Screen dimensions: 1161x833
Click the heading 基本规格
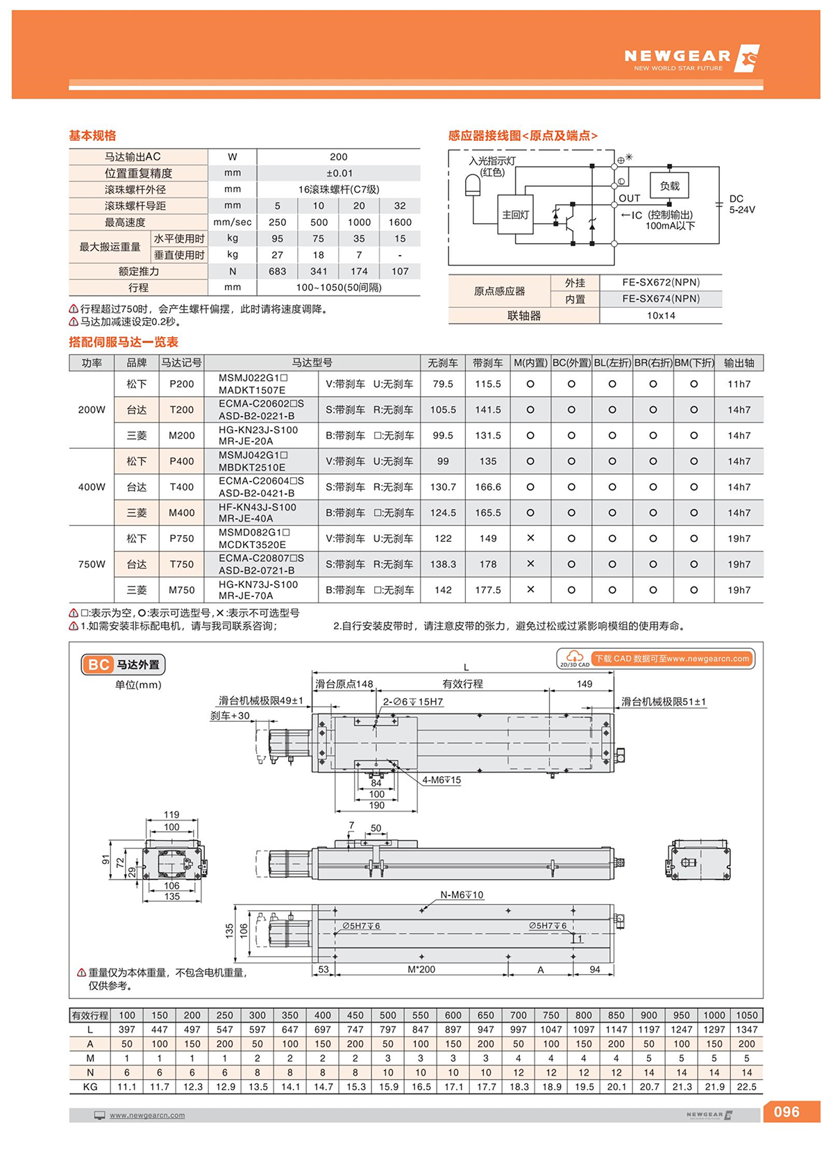92,135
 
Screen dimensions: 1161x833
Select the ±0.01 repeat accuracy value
339,173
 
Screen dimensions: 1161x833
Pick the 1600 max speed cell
400,222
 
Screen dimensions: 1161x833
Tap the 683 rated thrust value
277,272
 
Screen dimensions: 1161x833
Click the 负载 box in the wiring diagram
669,186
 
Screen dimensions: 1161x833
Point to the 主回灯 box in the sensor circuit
515,215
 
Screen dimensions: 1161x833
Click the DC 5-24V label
741,204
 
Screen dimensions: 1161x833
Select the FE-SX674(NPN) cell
661,299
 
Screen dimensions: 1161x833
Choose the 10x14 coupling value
661,315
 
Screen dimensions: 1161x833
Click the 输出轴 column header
739,363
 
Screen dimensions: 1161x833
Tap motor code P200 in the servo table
182,384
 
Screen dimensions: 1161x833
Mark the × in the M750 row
530,590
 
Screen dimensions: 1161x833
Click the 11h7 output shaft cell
739,384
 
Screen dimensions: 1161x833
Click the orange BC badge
98,665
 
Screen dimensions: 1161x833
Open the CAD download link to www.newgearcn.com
671,659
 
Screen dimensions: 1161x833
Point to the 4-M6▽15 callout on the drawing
441,780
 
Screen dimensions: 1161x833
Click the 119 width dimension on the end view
171,814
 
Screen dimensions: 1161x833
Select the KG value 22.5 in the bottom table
746,1087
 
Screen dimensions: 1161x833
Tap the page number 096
786,1112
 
